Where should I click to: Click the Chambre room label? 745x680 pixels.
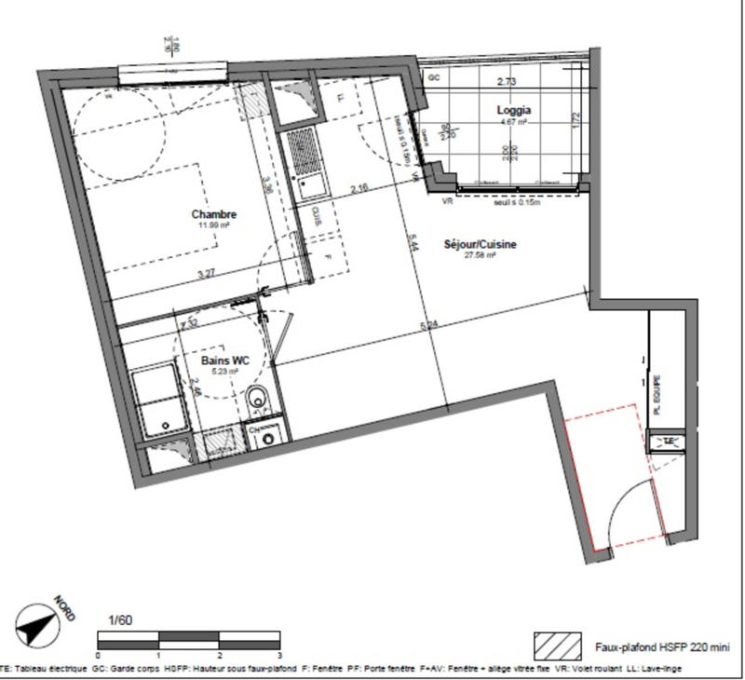(x=214, y=213)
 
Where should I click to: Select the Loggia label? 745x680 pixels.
(x=513, y=109)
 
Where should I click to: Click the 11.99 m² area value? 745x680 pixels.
(x=214, y=224)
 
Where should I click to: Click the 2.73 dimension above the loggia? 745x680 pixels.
(x=507, y=82)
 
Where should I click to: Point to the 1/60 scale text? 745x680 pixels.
(x=120, y=619)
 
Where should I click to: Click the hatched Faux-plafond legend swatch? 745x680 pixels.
(x=556, y=646)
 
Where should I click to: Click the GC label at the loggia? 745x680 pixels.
(x=433, y=78)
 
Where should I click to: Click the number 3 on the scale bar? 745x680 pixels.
(x=278, y=656)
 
